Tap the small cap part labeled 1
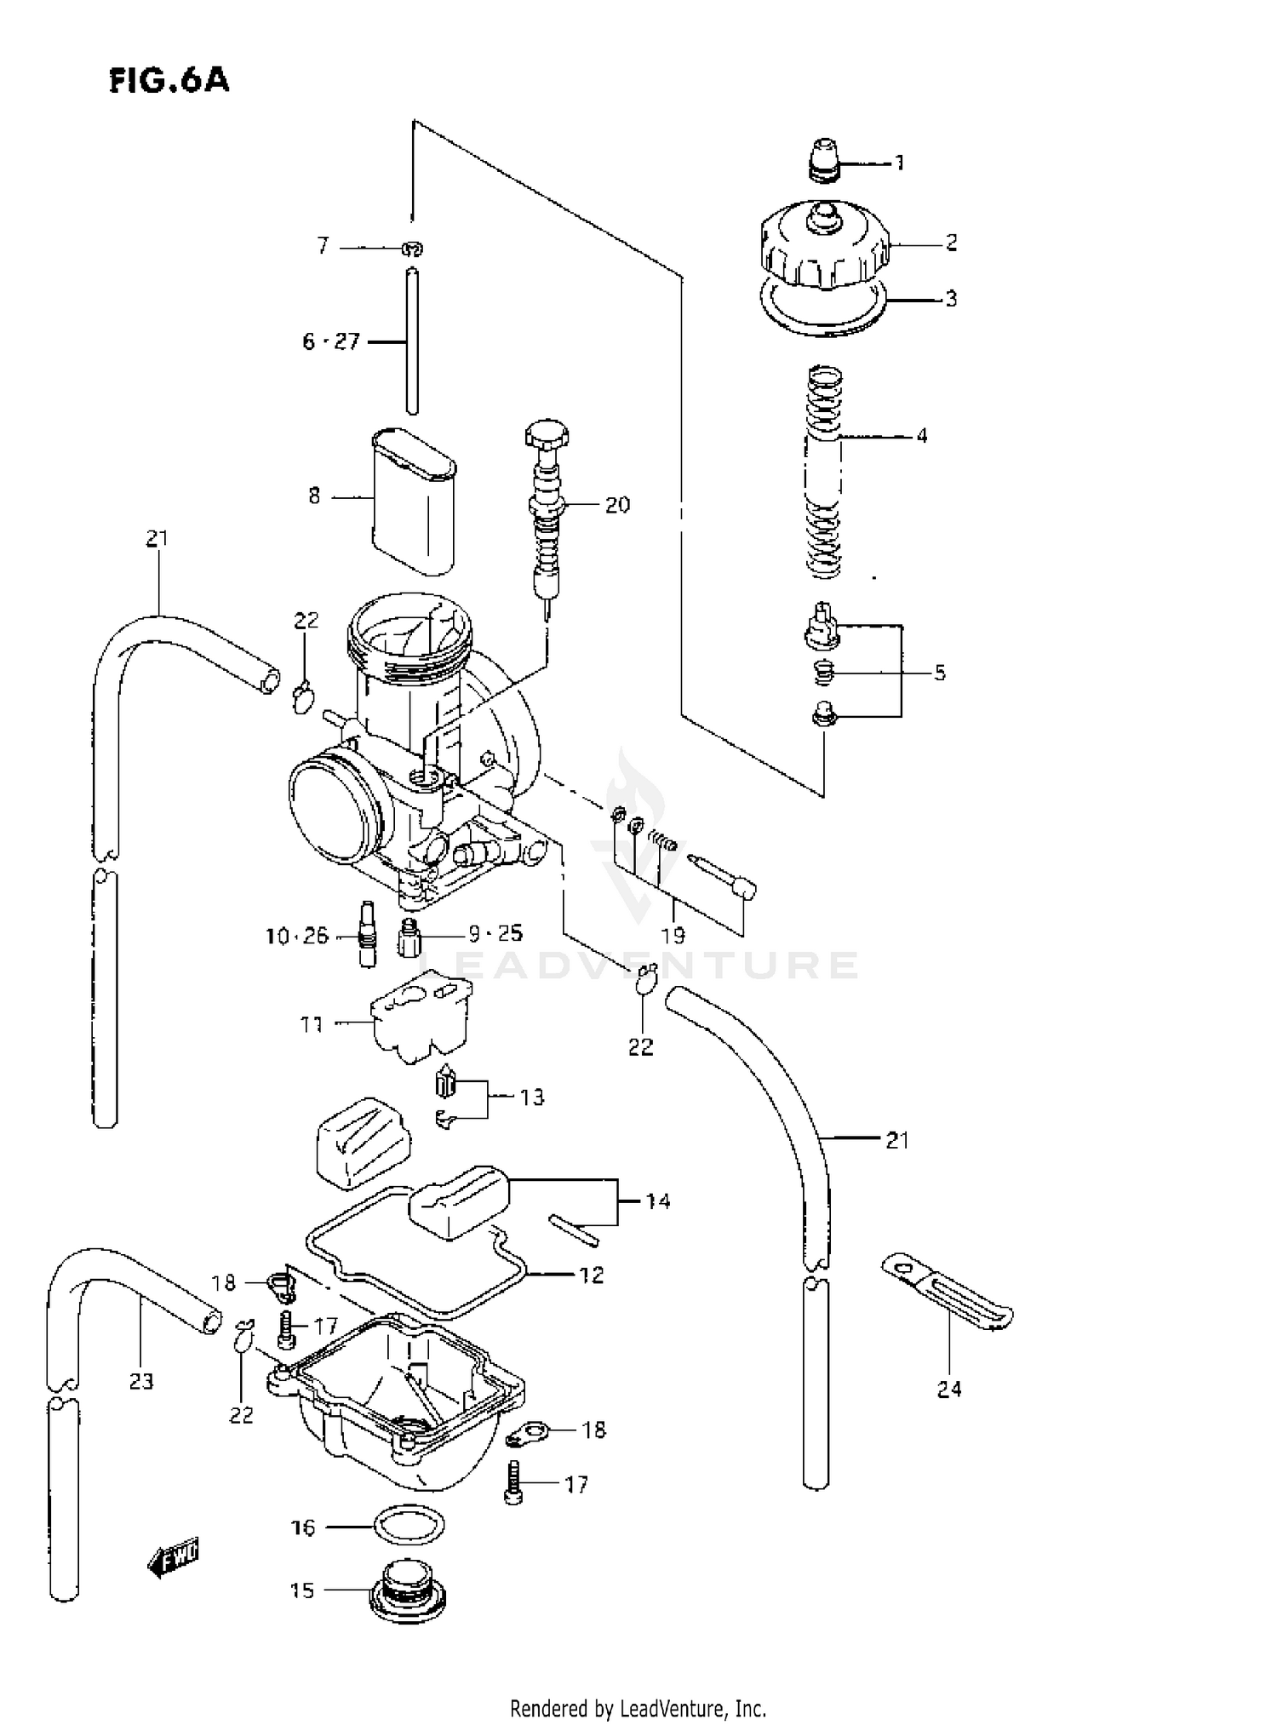pyautogui.click(x=823, y=160)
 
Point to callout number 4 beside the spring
pyautogui.click(x=921, y=436)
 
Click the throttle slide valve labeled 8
pyautogui.click(x=414, y=502)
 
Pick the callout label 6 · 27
pyautogui.click(x=331, y=342)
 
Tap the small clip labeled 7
pyautogui.click(x=413, y=249)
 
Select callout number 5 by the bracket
pyautogui.click(x=939, y=673)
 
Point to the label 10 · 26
pyautogui.click(x=296, y=937)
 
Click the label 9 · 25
pyautogui.click(x=495, y=934)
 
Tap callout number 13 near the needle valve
pyautogui.click(x=532, y=1097)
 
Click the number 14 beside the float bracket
pyautogui.click(x=657, y=1201)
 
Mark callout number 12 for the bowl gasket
pyautogui.click(x=591, y=1275)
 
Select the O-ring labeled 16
pyautogui.click(x=409, y=1527)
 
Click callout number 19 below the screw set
pyautogui.click(x=673, y=936)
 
